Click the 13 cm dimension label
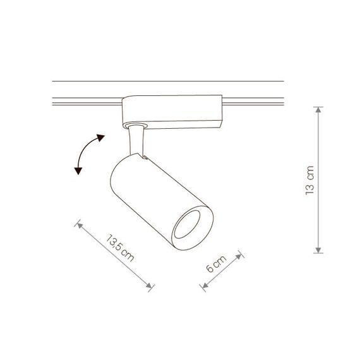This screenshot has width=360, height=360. click(x=309, y=181)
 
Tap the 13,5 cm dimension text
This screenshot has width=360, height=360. click(x=120, y=248)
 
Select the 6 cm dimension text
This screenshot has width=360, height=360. click(x=216, y=263)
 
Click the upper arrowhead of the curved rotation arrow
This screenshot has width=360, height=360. click(x=100, y=138)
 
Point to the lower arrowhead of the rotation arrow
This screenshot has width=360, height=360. click(x=78, y=171)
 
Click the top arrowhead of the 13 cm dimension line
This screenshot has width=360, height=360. click(x=318, y=109)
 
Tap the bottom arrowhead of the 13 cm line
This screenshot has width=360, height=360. click(x=318, y=250)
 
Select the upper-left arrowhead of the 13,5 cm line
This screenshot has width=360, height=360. click(x=80, y=225)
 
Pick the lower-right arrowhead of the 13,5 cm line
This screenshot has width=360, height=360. click(x=149, y=286)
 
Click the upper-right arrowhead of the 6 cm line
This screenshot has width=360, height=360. click(x=239, y=256)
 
